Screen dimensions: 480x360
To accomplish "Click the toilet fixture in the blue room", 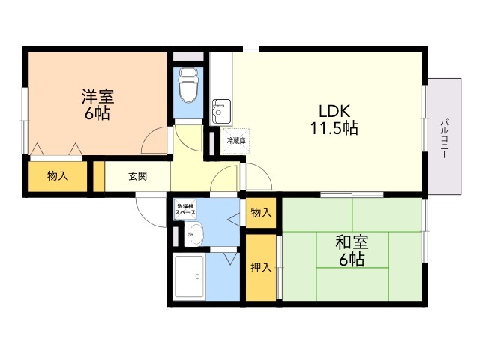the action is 188,85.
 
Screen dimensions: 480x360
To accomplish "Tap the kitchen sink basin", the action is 221,111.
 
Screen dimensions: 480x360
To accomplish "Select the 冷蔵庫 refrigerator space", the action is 236,141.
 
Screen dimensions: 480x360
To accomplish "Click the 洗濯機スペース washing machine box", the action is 185,209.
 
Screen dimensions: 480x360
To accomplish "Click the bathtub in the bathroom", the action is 189,277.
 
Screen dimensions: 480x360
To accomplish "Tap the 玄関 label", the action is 137,177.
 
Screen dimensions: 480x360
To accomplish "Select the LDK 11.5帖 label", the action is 334,119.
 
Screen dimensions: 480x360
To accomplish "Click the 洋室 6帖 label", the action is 97,104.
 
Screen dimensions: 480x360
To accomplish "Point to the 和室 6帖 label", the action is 352,250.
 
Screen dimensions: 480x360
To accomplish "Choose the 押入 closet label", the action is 261,268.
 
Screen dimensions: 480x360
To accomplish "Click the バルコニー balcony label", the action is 444,138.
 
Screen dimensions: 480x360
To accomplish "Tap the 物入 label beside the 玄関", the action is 58,176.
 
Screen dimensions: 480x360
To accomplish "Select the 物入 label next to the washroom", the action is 261,212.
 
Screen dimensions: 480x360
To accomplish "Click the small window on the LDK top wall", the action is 250,49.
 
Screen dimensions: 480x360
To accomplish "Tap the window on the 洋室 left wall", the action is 25,121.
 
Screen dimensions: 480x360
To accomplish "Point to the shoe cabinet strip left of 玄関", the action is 99,177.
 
